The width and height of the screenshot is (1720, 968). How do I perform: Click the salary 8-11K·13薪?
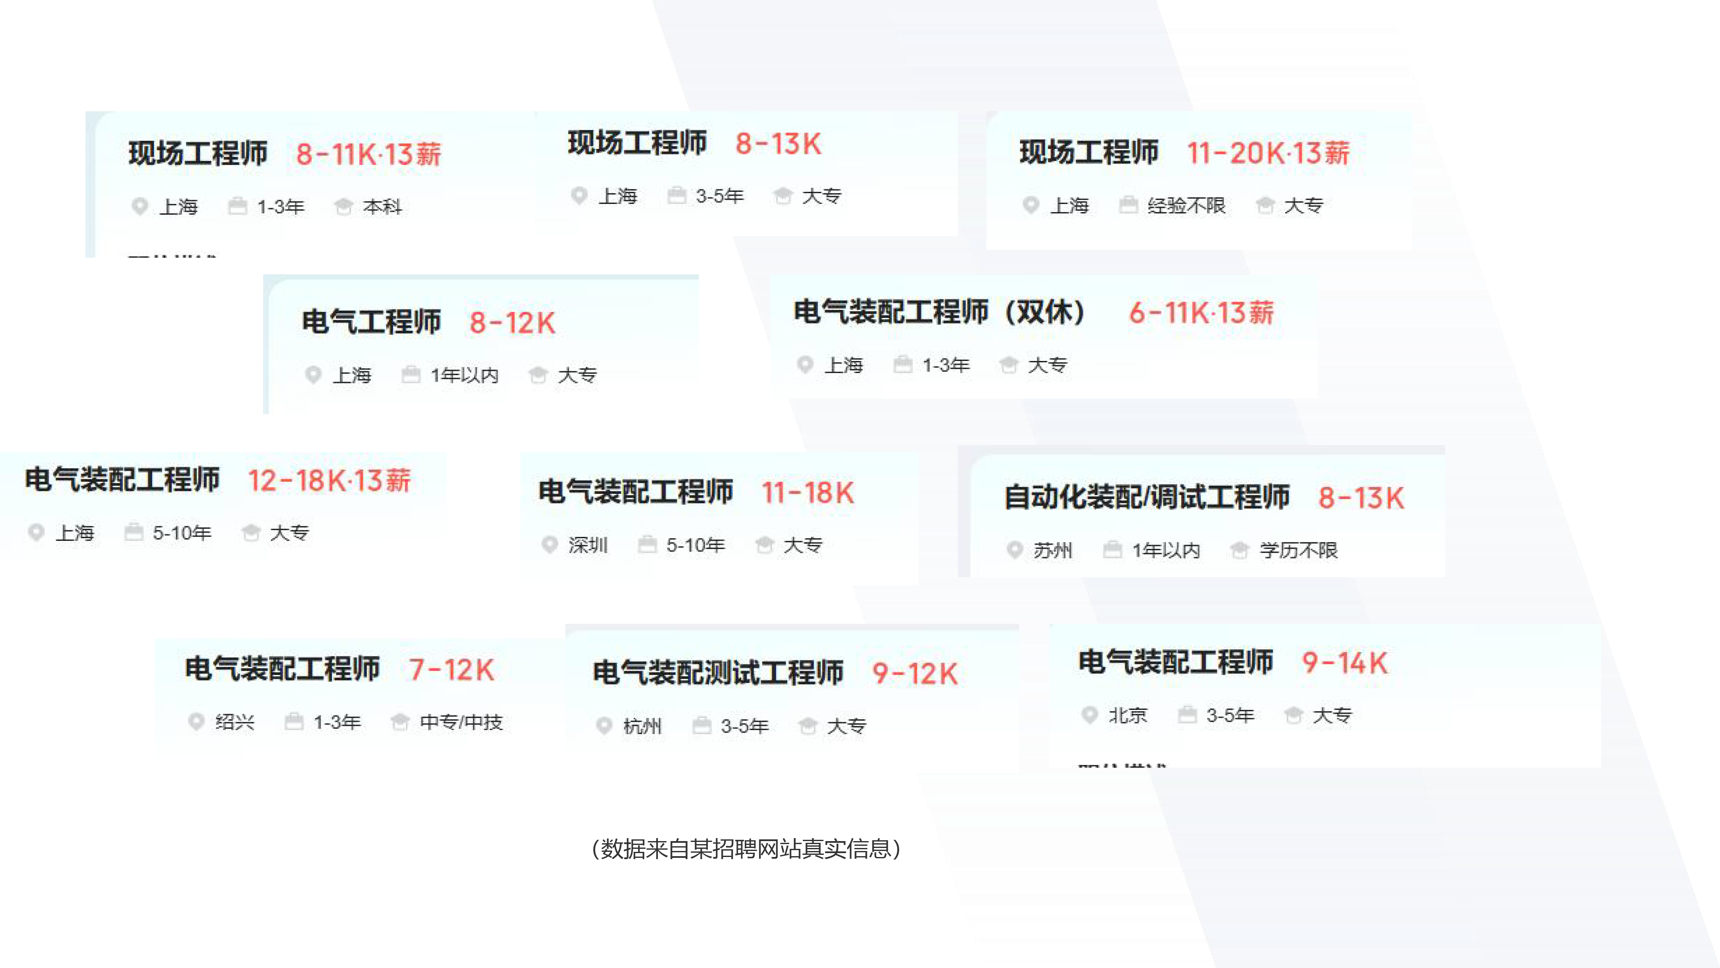(369, 154)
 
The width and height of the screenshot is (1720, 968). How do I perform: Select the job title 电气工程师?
(371, 322)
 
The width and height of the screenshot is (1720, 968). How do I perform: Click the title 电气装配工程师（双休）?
(940, 312)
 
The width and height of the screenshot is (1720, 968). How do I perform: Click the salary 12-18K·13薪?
(329, 480)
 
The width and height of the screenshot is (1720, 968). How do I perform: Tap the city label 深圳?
(587, 545)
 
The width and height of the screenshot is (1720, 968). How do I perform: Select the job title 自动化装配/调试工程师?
(1146, 497)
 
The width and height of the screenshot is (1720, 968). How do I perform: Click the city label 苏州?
(1052, 551)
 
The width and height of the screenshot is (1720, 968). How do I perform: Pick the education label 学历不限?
(1298, 551)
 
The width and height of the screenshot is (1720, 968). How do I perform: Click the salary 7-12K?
(452, 669)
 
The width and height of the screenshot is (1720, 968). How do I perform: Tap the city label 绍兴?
(234, 722)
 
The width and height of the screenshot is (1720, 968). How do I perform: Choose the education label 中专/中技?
(461, 722)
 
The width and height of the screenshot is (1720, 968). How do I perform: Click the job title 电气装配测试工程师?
(718, 673)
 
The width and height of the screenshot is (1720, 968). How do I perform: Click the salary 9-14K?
(1345, 663)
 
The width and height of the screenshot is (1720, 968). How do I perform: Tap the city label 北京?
(1128, 715)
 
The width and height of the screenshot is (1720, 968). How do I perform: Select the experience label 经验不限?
(1186, 206)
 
